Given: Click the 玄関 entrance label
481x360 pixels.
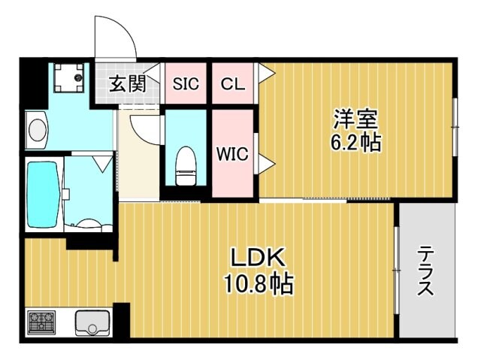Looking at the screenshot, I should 128,83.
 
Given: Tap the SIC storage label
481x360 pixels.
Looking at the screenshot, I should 186,83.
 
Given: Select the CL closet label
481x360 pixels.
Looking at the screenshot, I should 232,83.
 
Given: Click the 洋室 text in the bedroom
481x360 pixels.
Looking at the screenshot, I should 355,119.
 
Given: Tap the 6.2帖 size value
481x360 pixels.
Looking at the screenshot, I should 355,143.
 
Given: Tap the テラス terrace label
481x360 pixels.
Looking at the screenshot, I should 426,271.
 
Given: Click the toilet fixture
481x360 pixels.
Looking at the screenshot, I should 184,165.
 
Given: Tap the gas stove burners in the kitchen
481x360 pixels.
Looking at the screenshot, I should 42,323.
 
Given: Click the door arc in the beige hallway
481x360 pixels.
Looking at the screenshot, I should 147,128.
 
